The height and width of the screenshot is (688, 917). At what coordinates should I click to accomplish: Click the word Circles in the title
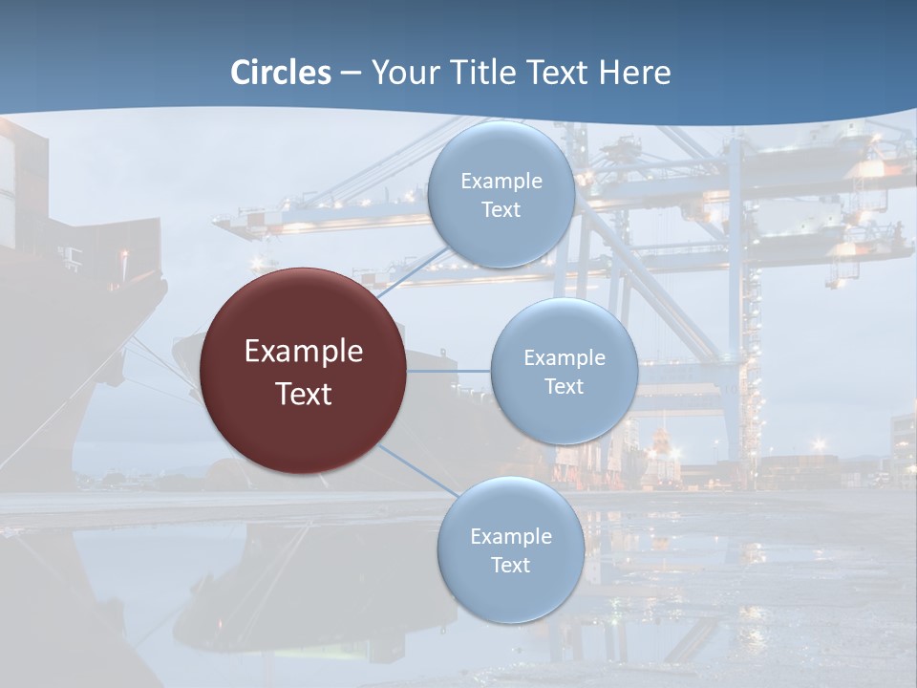pyautogui.click(x=281, y=73)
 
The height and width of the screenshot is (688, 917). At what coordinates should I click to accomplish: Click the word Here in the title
pyautogui.click(x=634, y=73)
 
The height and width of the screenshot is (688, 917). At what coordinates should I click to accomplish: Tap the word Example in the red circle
pyautogui.click(x=304, y=352)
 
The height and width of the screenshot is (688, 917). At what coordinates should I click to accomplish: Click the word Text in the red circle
pyautogui.click(x=304, y=394)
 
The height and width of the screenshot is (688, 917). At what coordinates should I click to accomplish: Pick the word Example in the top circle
pyautogui.click(x=501, y=182)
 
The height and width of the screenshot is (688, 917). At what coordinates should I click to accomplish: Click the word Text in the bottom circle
pyautogui.click(x=510, y=566)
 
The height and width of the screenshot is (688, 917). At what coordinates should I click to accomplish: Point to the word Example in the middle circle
pyautogui.click(x=565, y=358)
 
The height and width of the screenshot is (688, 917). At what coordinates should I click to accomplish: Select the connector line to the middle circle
pyautogui.click(x=448, y=371)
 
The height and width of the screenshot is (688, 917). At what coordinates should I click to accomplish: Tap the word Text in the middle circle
pyautogui.click(x=564, y=387)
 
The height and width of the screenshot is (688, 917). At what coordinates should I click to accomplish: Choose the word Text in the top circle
pyautogui.click(x=501, y=210)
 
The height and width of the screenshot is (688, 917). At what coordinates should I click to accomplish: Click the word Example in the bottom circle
pyautogui.click(x=511, y=537)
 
